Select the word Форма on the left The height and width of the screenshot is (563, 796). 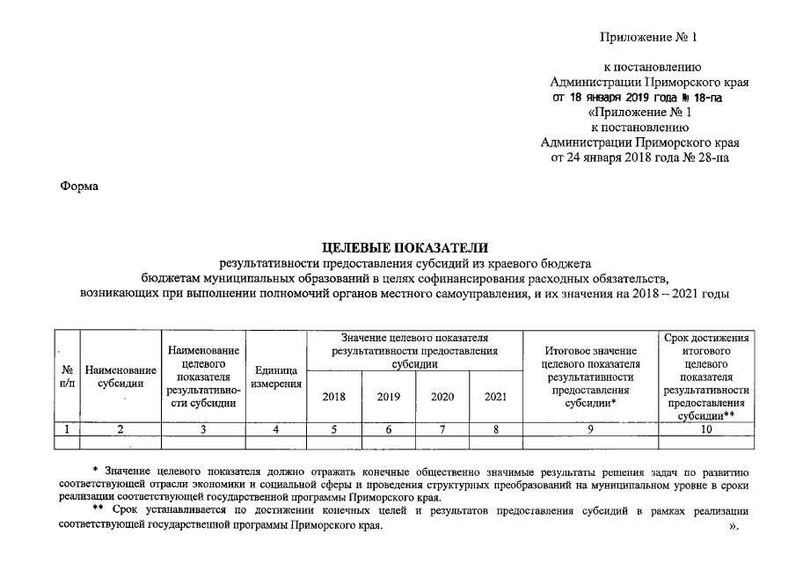tap(78, 186)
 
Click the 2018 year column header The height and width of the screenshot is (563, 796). tap(334, 397)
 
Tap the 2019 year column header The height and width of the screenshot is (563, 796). tap(389, 397)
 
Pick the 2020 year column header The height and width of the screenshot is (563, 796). tap(442, 397)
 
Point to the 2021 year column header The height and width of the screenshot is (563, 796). tap(496, 397)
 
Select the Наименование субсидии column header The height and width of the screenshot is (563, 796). tap(120, 377)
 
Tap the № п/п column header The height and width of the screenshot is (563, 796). tap(67, 377)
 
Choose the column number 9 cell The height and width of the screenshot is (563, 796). tap(590, 429)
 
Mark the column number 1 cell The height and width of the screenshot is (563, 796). tap(67, 429)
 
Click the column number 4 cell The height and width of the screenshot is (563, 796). tap(275, 429)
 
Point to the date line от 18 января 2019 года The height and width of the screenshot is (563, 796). tap(638, 98)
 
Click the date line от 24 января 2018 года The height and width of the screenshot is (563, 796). tap(639, 157)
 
